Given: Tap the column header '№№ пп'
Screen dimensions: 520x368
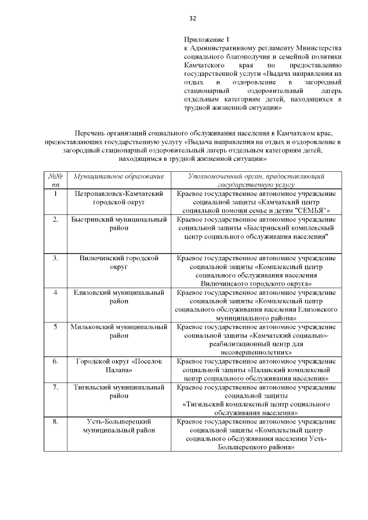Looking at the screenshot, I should [55, 181].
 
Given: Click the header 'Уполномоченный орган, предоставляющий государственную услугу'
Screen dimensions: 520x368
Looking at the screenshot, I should [256, 181].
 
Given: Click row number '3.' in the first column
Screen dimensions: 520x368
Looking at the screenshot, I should [55, 259].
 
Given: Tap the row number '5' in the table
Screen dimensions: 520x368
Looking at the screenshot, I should [55, 327].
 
